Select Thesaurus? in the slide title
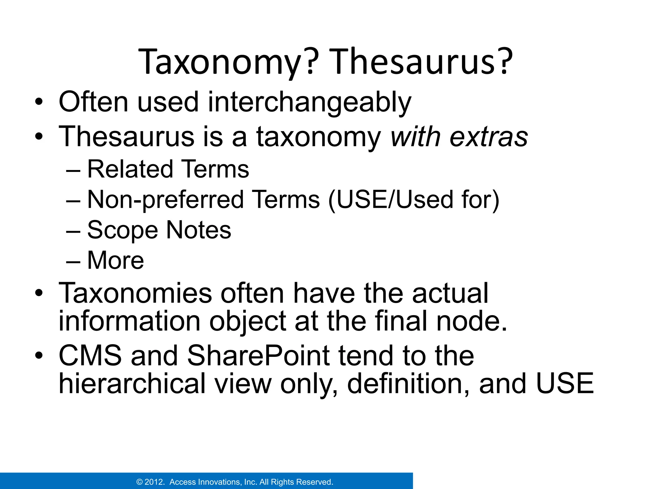pos(422,62)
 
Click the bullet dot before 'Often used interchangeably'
pos(39,103)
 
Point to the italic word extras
pos(489,137)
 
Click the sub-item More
pos(116,260)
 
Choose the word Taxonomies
pos(136,293)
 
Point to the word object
pos(248,322)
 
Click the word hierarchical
pos(132,384)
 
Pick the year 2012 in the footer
pos(154,482)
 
